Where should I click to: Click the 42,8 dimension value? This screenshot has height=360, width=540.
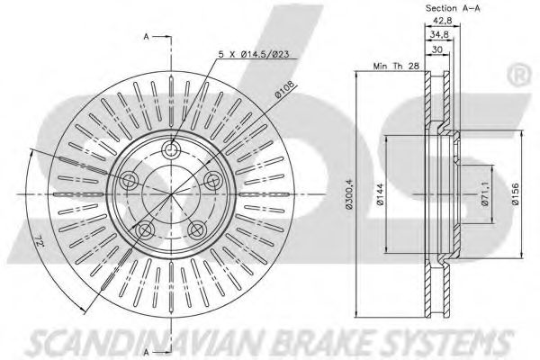[442, 21]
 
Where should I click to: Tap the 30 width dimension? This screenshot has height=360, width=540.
[437, 49]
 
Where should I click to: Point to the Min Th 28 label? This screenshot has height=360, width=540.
[396, 66]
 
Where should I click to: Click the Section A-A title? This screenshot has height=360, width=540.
[453, 8]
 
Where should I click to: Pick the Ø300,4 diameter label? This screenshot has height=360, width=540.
[349, 194]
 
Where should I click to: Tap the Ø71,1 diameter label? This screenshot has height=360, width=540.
[485, 194]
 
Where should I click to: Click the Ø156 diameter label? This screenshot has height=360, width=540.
[515, 194]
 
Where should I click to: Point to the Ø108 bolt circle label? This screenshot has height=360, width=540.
[284, 90]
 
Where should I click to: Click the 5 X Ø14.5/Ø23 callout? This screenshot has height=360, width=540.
[254, 54]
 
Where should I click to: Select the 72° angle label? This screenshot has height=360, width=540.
[40, 242]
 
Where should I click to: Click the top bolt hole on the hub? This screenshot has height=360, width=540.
[171, 150]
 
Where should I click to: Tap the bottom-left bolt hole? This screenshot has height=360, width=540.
[145, 229]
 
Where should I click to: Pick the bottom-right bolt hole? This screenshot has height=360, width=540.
[197, 229]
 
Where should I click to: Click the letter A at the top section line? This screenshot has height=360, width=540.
[147, 37]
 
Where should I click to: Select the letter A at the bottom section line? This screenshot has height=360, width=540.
[147, 352]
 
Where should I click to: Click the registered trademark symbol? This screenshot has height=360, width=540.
[521, 76]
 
